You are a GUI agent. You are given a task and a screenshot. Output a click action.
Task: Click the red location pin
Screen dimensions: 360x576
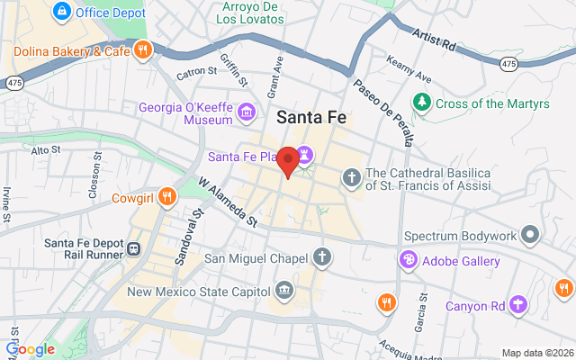coord(288,162)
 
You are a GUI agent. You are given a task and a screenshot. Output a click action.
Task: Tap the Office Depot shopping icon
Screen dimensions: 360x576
coord(62,12)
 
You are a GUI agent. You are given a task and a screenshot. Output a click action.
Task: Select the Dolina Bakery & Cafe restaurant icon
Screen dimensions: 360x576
coord(141,49)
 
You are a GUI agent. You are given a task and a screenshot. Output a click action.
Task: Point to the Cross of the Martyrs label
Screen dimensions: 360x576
coord(492,103)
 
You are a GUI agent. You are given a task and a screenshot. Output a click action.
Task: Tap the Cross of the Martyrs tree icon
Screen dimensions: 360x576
coord(421,103)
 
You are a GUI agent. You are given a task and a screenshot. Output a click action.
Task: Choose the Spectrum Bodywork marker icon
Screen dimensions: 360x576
coord(531,236)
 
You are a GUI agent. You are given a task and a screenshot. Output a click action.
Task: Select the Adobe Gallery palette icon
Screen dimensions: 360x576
coord(409,260)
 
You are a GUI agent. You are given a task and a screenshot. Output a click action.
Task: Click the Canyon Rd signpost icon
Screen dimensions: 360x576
coord(518,304)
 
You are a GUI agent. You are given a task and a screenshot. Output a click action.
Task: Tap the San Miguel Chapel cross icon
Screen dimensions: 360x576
coord(321,258)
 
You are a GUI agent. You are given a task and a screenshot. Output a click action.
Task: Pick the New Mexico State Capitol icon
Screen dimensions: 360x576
coord(284,291)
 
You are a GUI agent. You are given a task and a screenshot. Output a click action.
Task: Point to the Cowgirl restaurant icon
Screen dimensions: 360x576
coord(166,197)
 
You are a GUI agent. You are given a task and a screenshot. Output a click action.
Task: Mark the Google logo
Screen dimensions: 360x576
coord(30,349)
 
